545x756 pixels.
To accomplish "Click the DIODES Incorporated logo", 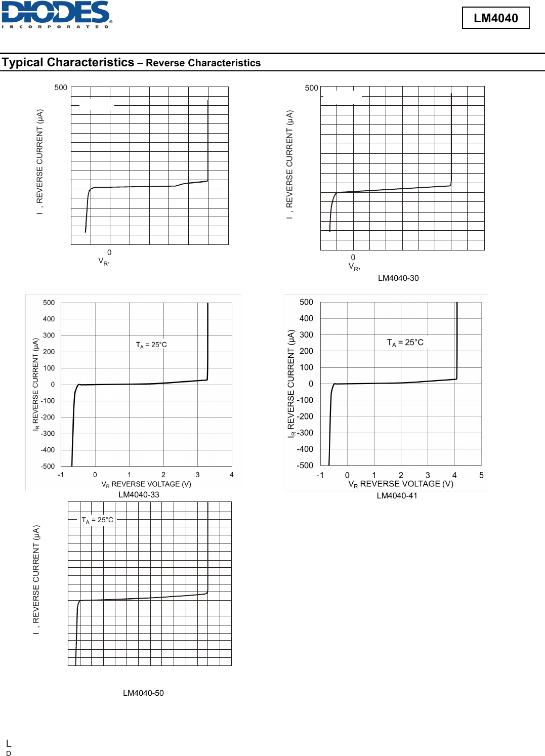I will [56, 14].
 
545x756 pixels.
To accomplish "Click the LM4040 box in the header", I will [495, 18].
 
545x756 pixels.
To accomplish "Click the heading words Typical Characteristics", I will [68, 62].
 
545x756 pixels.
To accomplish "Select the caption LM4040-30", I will [398, 278].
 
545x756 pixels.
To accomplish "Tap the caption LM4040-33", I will [139, 495].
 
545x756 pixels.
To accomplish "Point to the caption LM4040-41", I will [397, 496].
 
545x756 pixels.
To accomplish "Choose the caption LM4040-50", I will [143, 693].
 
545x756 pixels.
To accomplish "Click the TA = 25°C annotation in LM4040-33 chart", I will [151, 345].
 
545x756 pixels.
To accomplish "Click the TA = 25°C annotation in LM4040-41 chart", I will [405, 343].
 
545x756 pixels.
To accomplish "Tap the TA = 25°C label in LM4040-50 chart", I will [98, 520].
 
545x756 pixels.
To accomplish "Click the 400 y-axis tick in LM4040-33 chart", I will [49, 319].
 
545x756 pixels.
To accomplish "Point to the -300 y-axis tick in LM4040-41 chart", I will [305, 433].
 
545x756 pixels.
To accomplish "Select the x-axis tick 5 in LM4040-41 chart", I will [481, 476].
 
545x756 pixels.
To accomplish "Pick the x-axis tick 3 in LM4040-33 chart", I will [197, 475].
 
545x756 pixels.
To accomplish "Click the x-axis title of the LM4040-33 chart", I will [146, 484].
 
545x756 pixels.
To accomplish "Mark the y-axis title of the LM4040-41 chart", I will [291, 384].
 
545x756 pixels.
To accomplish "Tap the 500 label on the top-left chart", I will [61, 88].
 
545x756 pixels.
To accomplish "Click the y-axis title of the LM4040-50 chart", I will [36, 580].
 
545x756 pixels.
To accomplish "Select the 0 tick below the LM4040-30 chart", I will [353, 258].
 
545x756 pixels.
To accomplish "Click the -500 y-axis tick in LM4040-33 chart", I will [48, 467].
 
